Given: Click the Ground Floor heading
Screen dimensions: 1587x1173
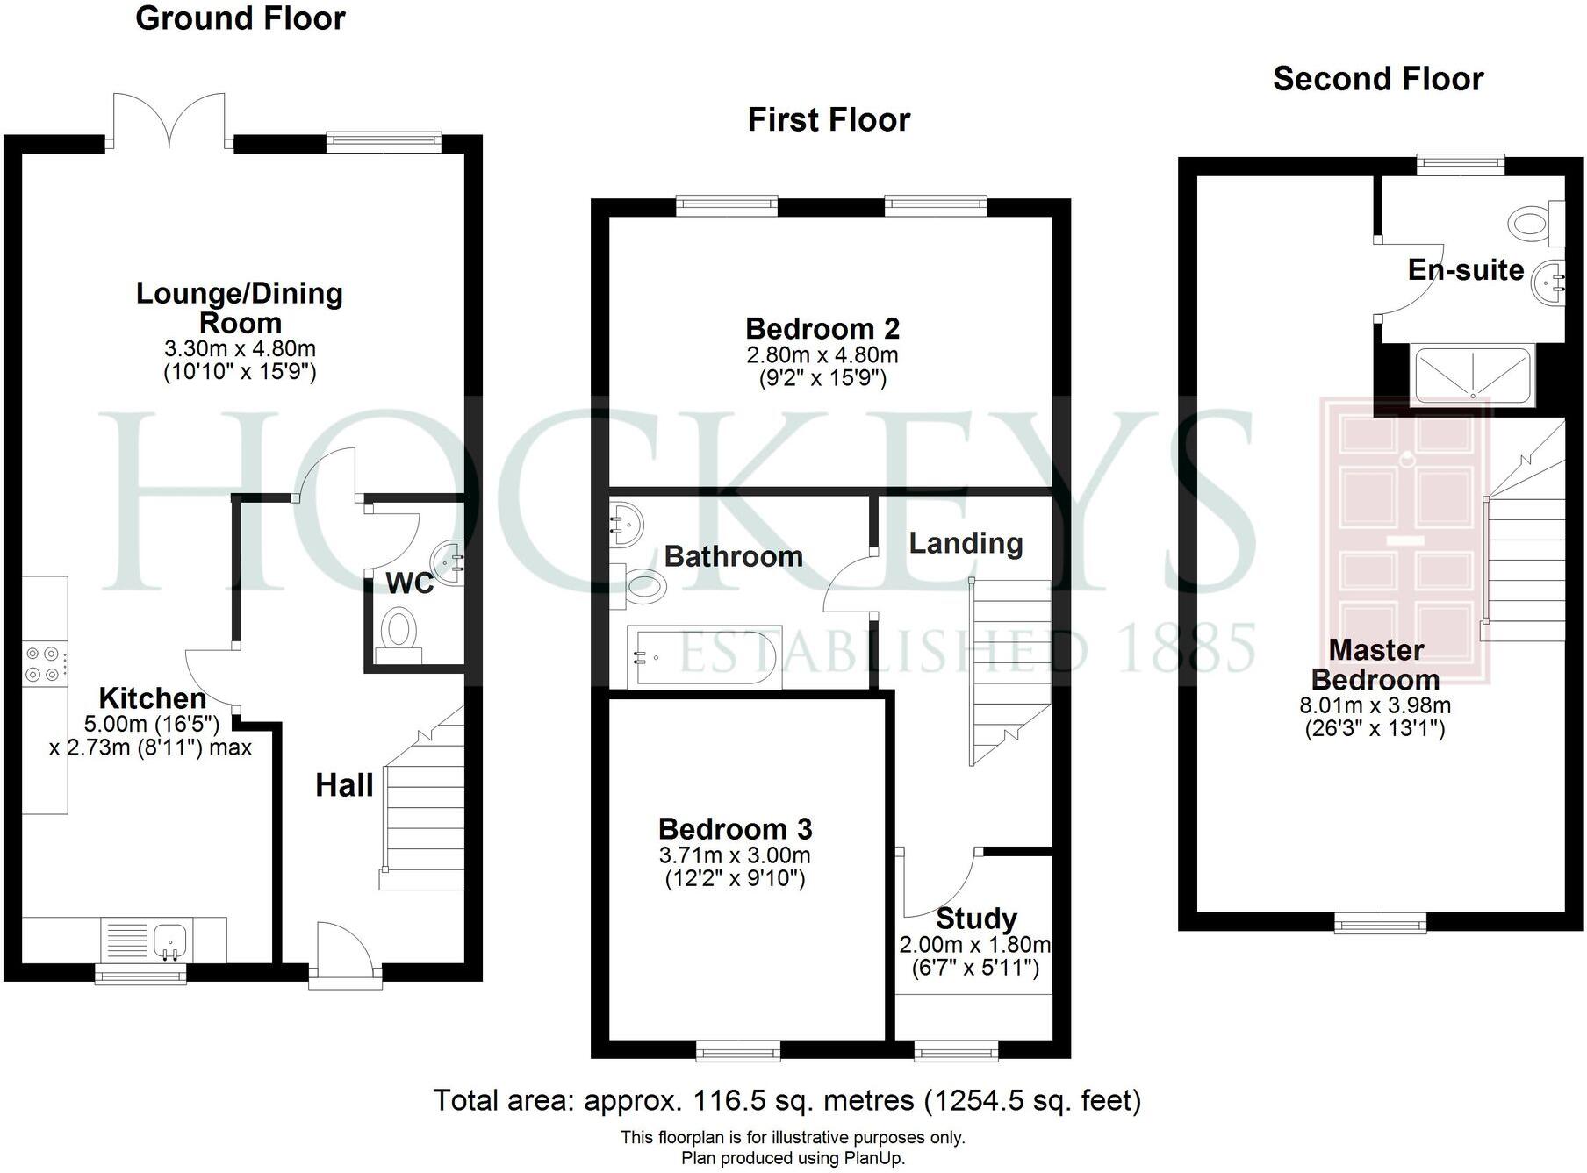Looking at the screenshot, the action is point(240,18).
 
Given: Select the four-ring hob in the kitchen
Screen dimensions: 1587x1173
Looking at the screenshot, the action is point(43,664).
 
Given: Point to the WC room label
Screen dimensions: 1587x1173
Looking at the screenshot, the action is point(409,583).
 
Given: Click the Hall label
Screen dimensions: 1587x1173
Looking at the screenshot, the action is point(344,785).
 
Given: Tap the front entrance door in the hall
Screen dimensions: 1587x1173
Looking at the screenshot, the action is point(345,952).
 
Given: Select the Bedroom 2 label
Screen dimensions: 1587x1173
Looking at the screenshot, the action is point(822,329).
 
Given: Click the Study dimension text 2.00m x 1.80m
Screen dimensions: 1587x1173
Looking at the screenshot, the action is point(974,945).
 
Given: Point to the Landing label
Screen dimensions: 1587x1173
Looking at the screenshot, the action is point(966,544).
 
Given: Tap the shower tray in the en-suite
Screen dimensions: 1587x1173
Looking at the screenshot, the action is point(1471,375).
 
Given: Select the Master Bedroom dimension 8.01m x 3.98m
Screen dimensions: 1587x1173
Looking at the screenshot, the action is point(1375,705).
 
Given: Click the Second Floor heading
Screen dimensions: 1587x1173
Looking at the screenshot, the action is point(1378,79).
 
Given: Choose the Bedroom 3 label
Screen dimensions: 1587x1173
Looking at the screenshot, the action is point(735,829).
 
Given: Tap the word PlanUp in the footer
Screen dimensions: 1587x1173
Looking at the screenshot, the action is point(873,1158).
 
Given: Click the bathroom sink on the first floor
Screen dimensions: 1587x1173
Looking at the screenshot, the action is point(627,525).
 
